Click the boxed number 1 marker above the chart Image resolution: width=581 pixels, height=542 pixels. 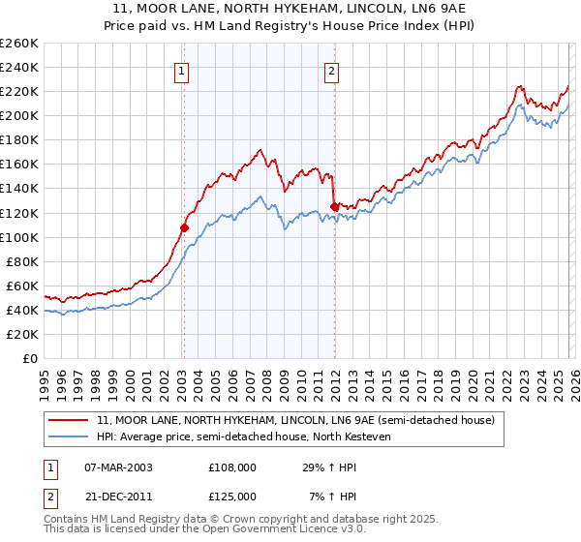pos(182,70)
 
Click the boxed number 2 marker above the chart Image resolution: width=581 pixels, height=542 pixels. pos(331,70)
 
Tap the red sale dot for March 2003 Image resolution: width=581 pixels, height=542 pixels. pos(184,227)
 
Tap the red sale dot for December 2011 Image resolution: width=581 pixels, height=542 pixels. pos(334,206)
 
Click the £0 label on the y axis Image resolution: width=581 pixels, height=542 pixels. pos(29,358)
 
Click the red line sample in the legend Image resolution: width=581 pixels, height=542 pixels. pos(70,420)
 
